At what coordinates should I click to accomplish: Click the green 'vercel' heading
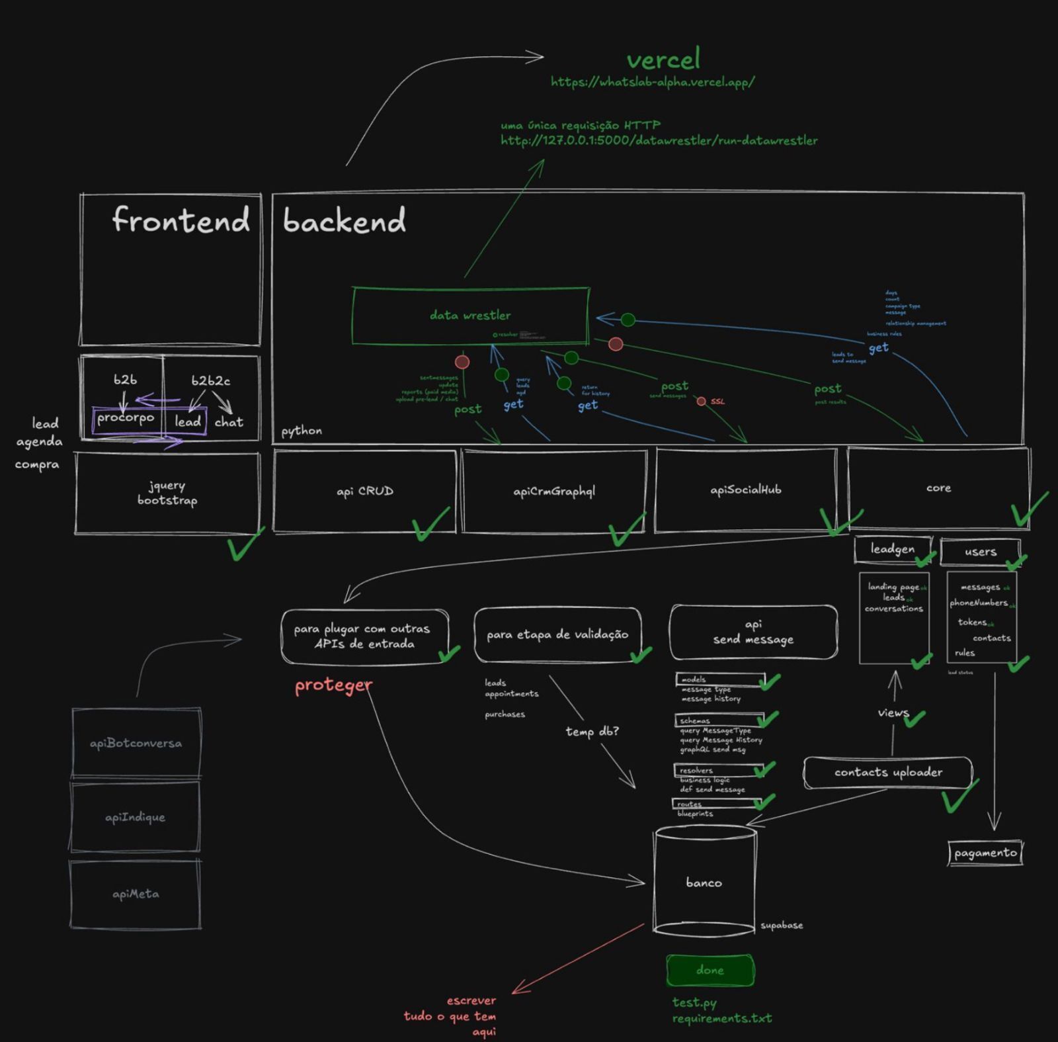click(x=663, y=60)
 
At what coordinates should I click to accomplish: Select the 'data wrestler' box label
click(x=470, y=316)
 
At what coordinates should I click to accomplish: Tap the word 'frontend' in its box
click(x=181, y=220)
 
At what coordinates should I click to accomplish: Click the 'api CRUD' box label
click(x=365, y=492)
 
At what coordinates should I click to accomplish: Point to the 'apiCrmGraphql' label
click(x=554, y=492)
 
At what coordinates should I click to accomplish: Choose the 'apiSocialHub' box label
click(x=745, y=490)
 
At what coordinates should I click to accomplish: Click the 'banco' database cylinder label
click(x=704, y=883)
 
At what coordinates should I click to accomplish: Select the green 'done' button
click(x=710, y=971)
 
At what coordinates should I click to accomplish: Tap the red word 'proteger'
click(x=333, y=685)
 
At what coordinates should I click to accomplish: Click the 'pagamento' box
click(x=985, y=853)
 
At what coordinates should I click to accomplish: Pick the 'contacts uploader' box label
click(x=888, y=773)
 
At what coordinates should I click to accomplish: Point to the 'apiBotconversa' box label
click(x=136, y=744)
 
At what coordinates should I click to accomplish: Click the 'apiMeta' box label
click(x=136, y=894)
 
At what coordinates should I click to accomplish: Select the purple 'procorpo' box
click(x=126, y=419)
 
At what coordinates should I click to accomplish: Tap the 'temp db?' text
click(x=592, y=731)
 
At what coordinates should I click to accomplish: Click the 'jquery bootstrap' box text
click(x=167, y=494)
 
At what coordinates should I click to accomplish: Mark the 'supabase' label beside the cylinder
click(x=782, y=926)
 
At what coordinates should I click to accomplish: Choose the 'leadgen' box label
click(x=893, y=549)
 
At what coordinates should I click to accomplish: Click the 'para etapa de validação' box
click(x=557, y=635)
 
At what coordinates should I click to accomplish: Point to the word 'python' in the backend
click(x=302, y=431)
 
